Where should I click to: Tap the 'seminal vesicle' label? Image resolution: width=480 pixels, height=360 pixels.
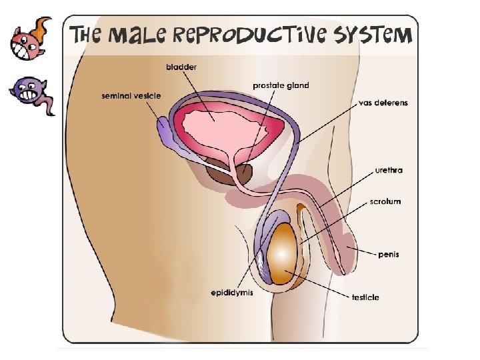point(131,96)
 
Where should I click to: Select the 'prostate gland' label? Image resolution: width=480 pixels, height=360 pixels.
point(281,85)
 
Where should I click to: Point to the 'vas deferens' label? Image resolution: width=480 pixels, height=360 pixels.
point(383,103)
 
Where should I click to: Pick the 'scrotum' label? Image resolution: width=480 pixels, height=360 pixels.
point(385,201)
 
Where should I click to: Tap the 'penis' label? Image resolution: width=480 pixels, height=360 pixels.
point(389,254)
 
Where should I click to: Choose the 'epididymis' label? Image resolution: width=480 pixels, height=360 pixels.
point(232,293)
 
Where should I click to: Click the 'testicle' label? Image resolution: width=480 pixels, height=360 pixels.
point(365,297)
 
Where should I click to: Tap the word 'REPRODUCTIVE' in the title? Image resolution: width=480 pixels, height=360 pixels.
point(255,35)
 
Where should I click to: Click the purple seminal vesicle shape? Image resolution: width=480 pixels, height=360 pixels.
point(165,131)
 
